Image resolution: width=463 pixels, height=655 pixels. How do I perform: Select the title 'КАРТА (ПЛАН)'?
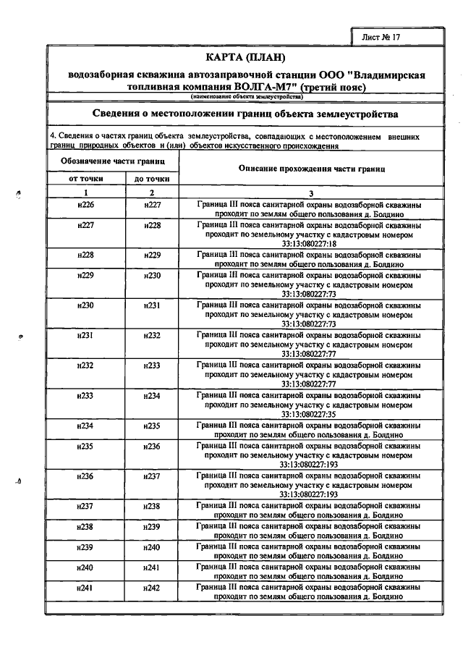click(246, 58)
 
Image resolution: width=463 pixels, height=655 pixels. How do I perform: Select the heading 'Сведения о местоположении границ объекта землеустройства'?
click(246, 114)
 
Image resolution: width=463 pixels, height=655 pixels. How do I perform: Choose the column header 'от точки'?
click(86, 178)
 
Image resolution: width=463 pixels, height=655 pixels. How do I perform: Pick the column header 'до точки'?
click(152, 178)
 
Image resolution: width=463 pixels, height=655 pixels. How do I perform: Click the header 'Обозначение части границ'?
click(109, 160)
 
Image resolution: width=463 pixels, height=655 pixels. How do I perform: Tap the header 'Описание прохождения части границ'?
click(310, 168)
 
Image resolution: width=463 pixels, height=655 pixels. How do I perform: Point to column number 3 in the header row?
click(310, 193)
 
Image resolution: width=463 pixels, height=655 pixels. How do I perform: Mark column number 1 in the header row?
click(85, 193)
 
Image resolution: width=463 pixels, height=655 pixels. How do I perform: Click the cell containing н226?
click(85, 206)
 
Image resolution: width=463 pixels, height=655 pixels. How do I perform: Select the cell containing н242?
click(152, 589)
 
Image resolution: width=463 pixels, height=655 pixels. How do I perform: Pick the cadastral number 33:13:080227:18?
click(310, 244)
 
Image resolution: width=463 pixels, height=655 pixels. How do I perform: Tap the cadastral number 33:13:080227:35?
click(310, 414)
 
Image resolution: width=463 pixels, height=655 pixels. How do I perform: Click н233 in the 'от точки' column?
click(85, 396)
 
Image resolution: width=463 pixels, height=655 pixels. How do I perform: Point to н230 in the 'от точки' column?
click(85, 305)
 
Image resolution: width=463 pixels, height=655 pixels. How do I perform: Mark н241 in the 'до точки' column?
click(152, 567)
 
